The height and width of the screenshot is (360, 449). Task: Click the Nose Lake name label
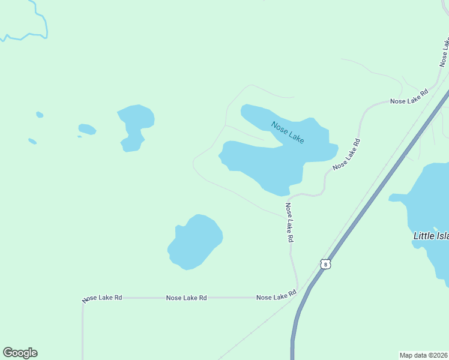[x=288, y=133]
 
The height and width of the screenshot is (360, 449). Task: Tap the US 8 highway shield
[x=325, y=264]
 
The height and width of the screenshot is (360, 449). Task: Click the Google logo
[x=20, y=353]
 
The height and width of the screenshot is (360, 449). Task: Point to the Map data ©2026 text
[x=424, y=355]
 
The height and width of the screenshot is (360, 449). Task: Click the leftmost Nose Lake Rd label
[x=103, y=298]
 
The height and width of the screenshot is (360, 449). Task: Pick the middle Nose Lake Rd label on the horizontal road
[x=187, y=298]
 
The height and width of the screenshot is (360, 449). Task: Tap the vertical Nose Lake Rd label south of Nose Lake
[x=289, y=222]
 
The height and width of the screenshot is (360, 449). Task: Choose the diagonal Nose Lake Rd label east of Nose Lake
[x=346, y=154]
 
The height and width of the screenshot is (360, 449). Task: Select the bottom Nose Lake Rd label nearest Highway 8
[x=277, y=296]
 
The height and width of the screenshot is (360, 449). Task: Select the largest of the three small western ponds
[x=87, y=129]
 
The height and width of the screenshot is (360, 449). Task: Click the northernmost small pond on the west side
[x=40, y=115]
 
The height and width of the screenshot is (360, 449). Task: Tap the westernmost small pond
[x=32, y=142]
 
